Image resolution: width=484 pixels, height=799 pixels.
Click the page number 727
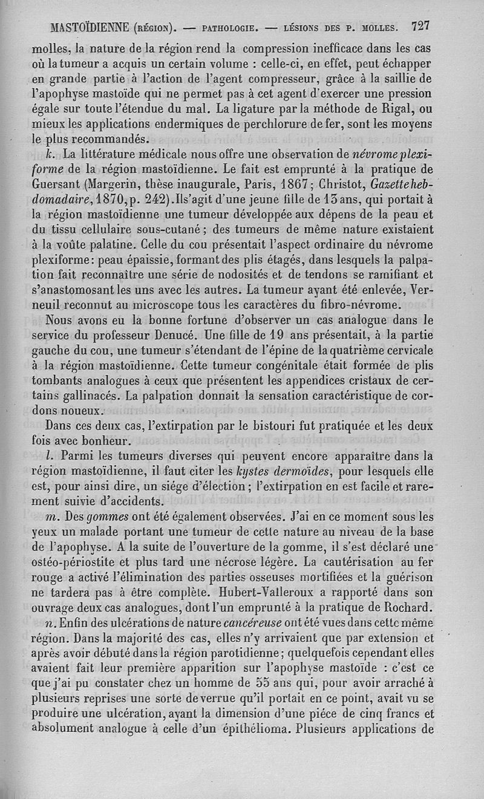(419, 26)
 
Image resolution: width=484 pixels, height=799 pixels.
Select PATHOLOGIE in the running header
(232, 28)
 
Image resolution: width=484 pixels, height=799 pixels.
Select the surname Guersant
(57, 184)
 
